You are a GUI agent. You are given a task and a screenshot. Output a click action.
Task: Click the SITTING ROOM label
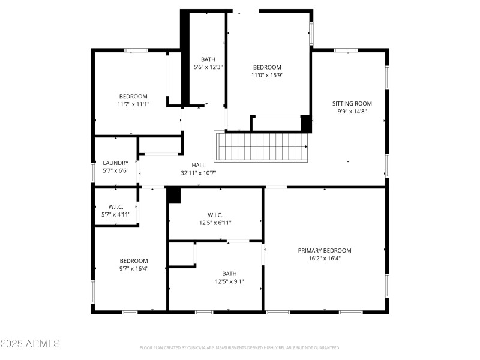pyautogui.click(x=352, y=103)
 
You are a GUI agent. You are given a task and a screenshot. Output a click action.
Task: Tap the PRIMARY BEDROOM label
pyautogui.click(x=325, y=250)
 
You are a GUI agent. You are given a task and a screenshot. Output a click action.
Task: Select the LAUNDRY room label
pyautogui.click(x=116, y=163)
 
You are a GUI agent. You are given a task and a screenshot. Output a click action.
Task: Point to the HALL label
pyautogui.click(x=198, y=165)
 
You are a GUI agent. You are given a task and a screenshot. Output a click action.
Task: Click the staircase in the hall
pyautogui.click(x=261, y=146)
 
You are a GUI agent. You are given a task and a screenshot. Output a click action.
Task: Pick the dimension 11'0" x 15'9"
pyautogui.click(x=266, y=75)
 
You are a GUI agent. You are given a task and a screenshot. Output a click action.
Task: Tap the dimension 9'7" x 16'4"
pyautogui.click(x=133, y=268)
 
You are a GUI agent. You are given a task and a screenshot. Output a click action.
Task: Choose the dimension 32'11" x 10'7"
pyautogui.click(x=198, y=173)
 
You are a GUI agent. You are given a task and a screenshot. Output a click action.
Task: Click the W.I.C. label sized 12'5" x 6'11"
pyautogui.click(x=215, y=215)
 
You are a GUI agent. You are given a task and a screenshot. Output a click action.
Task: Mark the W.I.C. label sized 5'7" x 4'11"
pyautogui.click(x=116, y=206)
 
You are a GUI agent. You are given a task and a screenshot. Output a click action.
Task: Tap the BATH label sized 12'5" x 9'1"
pyautogui.click(x=230, y=273)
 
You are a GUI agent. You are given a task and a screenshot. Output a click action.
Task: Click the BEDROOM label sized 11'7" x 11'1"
pyautogui.click(x=133, y=97)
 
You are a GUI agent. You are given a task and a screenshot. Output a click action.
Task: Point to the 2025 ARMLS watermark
pyautogui.click(x=30, y=344)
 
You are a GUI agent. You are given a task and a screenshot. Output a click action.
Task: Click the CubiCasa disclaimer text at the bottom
pyautogui.click(x=240, y=347)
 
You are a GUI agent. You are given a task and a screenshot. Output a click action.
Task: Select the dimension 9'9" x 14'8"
pyautogui.click(x=352, y=111)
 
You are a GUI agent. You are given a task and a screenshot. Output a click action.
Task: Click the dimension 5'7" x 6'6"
pyautogui.click(x=116, y=170)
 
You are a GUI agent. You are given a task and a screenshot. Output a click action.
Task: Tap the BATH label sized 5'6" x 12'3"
pyautogui.click(x=208, y=59)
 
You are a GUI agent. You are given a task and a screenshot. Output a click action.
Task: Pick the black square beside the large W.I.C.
pyautogui.click(x=173, y=196)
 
